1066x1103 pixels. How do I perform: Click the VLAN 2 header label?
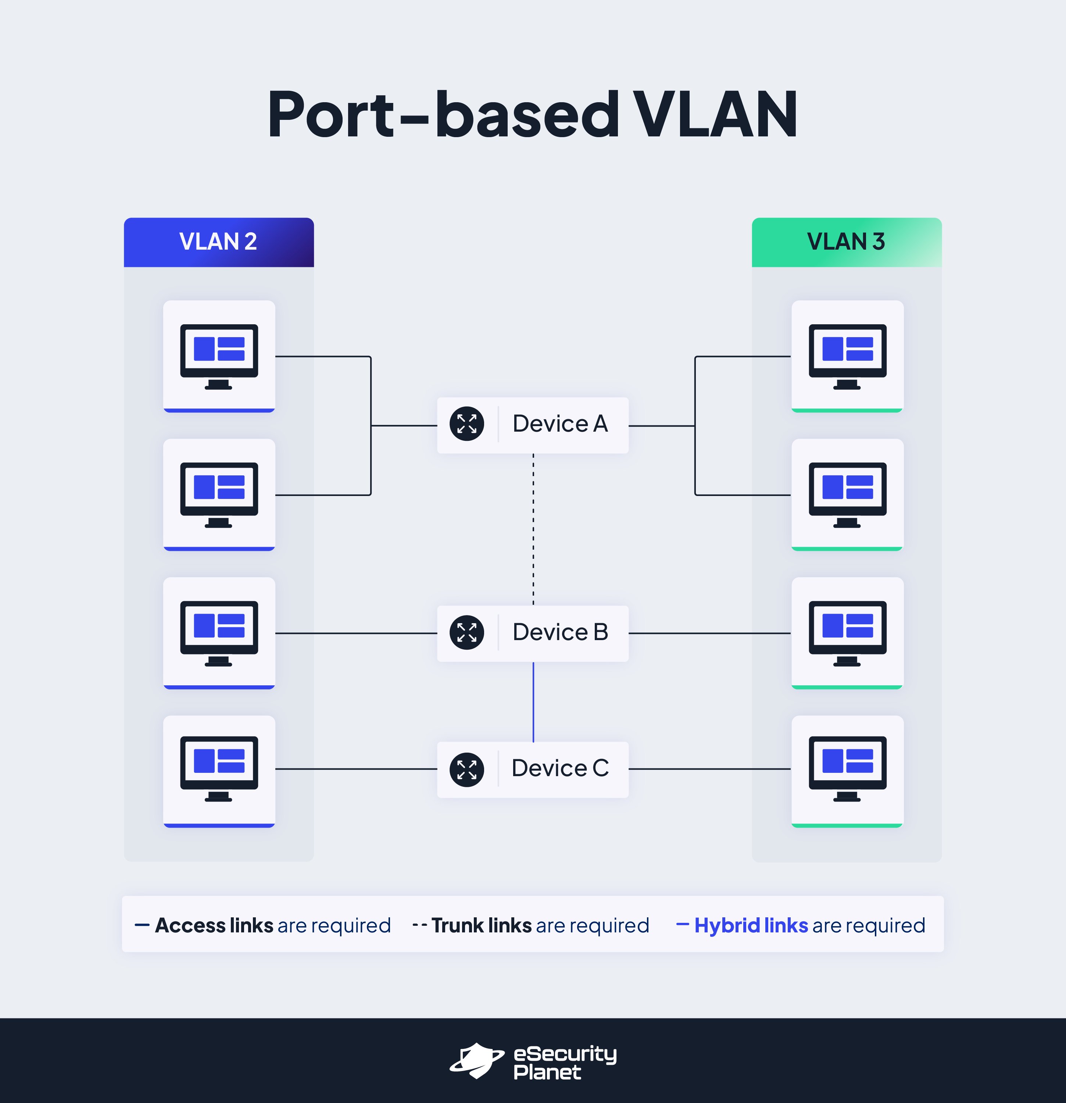(x=218, y=242)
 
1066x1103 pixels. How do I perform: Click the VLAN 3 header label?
(x=846, y=242)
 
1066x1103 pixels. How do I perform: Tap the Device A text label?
(x=560, y=424)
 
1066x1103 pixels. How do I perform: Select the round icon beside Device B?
(x=467, y=632)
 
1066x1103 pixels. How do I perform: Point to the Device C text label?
(x=560, y=768)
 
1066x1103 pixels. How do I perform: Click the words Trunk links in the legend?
(x=482, y=925)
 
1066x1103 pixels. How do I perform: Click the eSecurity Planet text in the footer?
(x=564, y=1063)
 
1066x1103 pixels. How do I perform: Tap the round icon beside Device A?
(x=467, y=424)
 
